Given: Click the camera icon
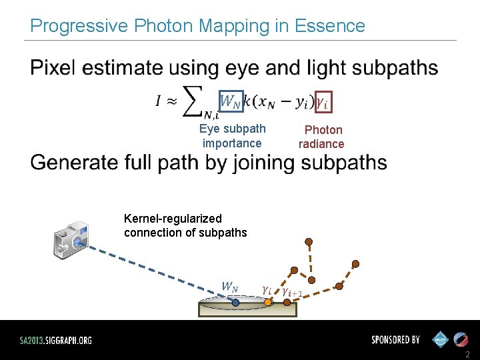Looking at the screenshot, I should [x=71, y=239].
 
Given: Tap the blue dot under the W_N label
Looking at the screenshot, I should [x=235, y=303].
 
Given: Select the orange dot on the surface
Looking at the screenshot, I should [x=267, y=302].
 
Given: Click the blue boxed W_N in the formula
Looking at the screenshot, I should [x=231, y=101].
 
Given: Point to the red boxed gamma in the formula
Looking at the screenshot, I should [x=323, y=102].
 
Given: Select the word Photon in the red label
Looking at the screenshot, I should [x=323, y=130].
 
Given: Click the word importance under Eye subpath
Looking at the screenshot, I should [x=232, y=143].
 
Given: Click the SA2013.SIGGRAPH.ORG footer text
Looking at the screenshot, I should [x=55, y=340].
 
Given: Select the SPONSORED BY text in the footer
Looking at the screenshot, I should [x=395, y=340].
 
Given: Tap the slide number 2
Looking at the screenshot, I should [x=467, y=354].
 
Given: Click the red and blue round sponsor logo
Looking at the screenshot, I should [x=461, y=339].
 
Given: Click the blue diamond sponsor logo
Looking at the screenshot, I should [x=440, y=339].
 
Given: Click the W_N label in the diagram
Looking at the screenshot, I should [x=229, y=287].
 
